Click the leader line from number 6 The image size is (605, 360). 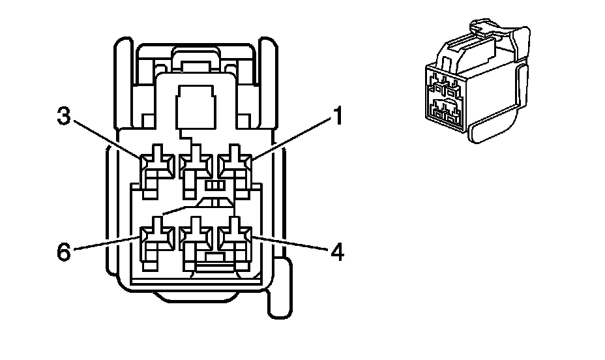pos(108,243)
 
